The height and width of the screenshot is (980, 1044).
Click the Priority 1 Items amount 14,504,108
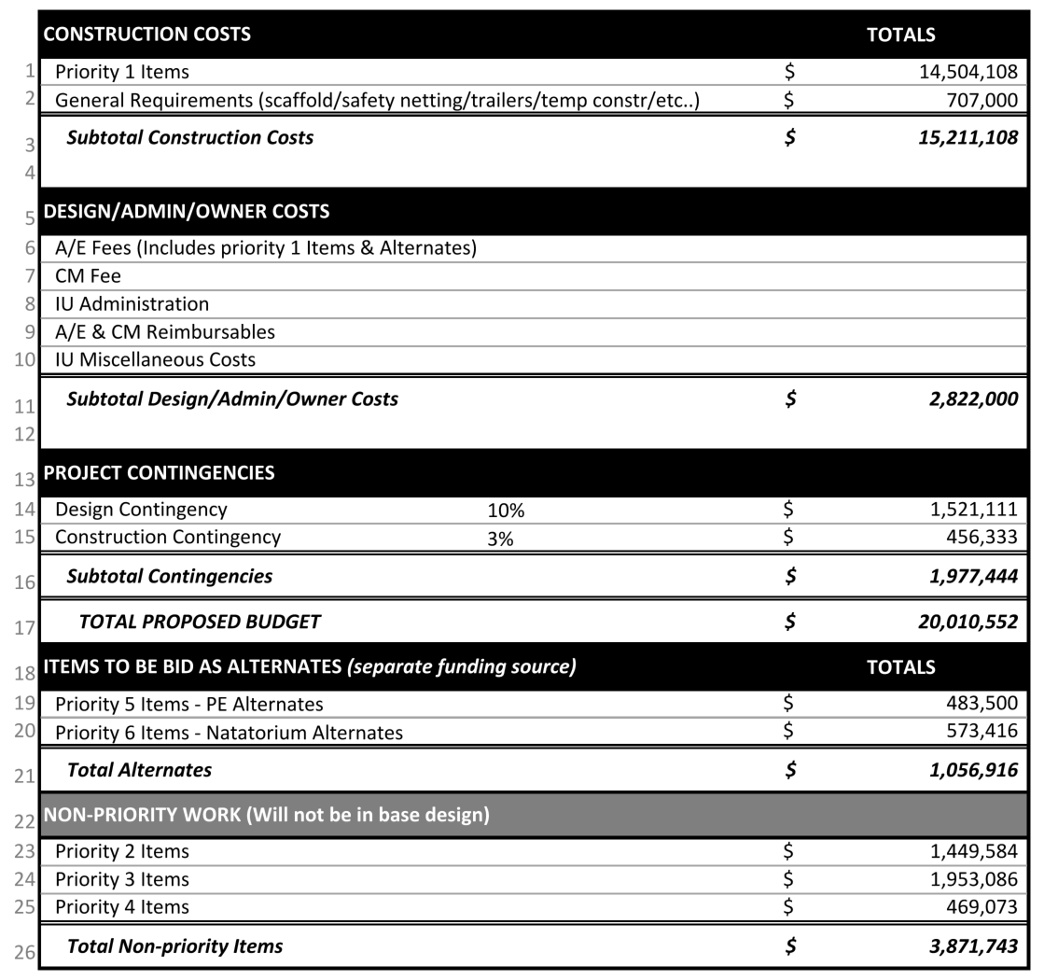968,72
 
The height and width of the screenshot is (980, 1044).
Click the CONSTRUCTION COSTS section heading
147,35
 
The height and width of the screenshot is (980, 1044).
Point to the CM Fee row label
88,276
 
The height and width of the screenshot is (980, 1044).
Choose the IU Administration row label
132,304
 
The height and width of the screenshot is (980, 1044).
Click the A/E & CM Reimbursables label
165,332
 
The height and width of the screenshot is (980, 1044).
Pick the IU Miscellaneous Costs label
155,359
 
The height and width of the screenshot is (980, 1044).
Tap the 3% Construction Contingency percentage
501,539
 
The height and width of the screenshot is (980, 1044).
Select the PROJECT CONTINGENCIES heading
159,473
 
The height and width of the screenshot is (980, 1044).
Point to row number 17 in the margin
24,627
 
